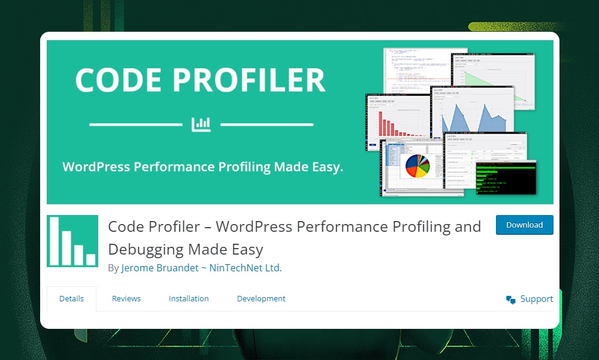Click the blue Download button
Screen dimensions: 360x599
tap(524, 225)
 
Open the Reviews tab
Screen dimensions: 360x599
tap(126, 298)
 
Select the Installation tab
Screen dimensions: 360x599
tap(189, 298)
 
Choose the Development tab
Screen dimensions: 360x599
tap(261, 298)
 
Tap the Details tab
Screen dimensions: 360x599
tap(71, 298)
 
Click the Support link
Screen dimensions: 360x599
tap(537, 299)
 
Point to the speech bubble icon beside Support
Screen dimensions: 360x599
tap(511, 300)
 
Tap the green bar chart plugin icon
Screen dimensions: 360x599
tap(72, 241)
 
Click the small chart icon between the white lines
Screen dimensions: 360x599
tap(201, 124)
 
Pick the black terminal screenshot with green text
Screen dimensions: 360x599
tap(505, 178)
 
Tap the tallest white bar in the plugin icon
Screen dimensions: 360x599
tap(55, 240)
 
